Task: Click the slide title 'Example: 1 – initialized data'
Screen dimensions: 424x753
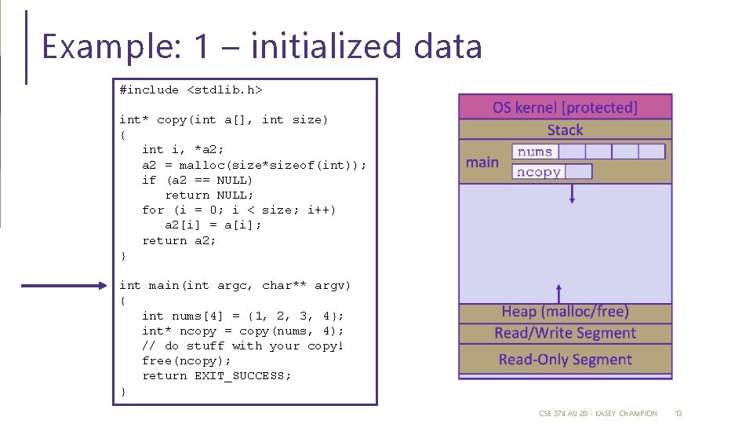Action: (x=261, y=46)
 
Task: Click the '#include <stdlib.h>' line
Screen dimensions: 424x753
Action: (x=191, y=90)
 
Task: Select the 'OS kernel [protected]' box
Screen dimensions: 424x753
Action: (x=565, y=107)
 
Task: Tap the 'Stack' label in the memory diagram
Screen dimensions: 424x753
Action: (x=565, y=130)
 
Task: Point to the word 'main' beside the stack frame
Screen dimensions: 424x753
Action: (x=482, y=163)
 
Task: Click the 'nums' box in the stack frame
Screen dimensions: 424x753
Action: (x=535, y=152)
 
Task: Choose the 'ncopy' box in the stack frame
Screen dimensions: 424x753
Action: (x=539, y=172)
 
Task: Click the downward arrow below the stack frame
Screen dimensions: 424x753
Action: (x=573, y=194)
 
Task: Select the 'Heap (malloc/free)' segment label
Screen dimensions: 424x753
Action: (x=565, y=312)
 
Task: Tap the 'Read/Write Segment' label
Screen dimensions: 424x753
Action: (x=565, y=333)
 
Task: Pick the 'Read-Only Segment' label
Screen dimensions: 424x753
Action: (x=565, y=360)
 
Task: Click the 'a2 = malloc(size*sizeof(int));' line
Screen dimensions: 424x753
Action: (x=253, y=165)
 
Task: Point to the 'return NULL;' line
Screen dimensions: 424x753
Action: (x=209, y=195)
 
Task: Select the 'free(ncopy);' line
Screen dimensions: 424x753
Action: (x=187, y=360)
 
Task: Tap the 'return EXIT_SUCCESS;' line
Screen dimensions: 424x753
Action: (x=216, y=375)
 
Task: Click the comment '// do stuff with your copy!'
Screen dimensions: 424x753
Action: (x=243, y=345)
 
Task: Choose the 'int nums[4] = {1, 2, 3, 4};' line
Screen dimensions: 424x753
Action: (x=242, y=316)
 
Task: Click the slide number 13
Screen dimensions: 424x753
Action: (x=678, y=413)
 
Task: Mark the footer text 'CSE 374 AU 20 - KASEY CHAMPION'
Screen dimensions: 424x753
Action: (x=598, y=413)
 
